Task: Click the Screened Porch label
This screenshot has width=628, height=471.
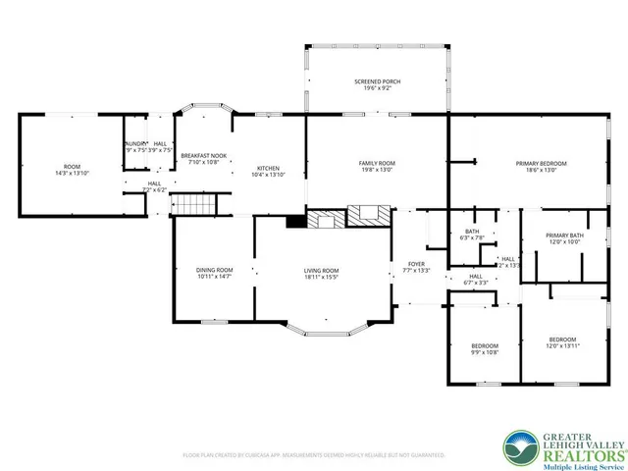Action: (377, 83)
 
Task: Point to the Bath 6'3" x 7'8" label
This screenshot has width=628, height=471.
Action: (472, 235)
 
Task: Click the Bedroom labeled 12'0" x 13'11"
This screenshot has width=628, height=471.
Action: (562, 342)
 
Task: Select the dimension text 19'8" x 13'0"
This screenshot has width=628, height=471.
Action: (377, 170)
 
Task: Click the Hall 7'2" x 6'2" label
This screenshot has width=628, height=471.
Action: (154, 186)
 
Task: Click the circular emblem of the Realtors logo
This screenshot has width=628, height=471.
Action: (519, 446)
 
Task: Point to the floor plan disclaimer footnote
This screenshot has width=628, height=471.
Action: (314, 455)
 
